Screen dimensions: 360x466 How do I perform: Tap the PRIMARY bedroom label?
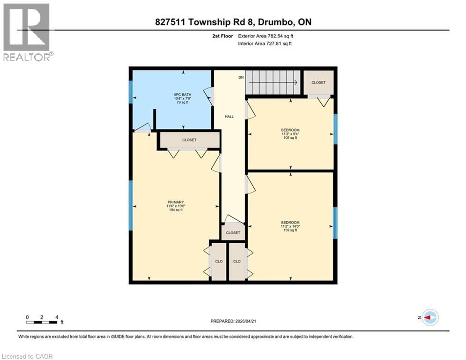(176, 202)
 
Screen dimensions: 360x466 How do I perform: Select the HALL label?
(229, 117)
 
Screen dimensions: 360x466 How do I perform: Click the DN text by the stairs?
(241, 77)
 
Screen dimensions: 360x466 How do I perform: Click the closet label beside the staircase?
(318, 82)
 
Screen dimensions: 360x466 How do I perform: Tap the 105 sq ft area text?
(290, 138)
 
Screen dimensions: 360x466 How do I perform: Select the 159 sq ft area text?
(290, 230)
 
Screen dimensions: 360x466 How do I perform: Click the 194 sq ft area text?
(176, 210)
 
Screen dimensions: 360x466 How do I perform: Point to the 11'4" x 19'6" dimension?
(176, 206)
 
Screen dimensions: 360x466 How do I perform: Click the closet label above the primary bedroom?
(189, 140)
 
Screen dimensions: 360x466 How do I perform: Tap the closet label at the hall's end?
(233, 232)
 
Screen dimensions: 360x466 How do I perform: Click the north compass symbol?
(429, 317)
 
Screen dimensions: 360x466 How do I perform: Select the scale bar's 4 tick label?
(57, 317)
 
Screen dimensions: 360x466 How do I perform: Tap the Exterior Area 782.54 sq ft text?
(267, 36)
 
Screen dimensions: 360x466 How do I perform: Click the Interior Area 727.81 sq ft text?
(266, 44)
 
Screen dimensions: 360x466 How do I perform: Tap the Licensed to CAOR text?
(27, 356)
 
